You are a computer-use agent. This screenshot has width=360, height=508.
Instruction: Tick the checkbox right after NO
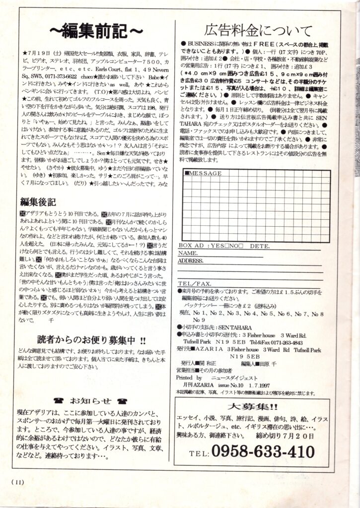tap(241, 246)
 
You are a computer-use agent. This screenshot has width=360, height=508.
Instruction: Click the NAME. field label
tap(188, 253)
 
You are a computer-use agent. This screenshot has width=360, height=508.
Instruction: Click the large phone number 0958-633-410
tap(263, 452)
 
